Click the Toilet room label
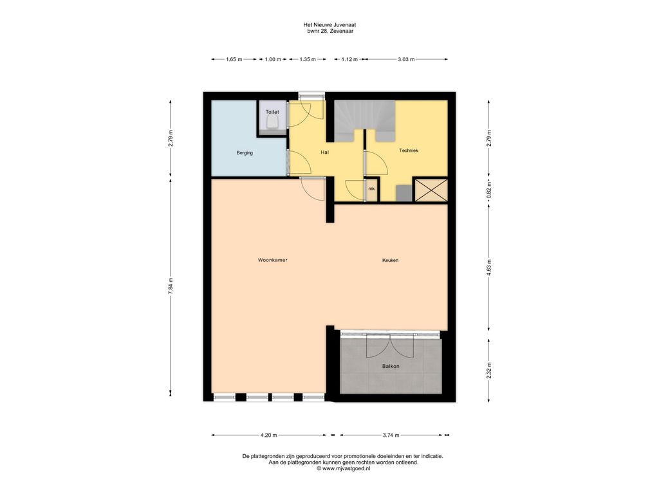click(x=272, y=112)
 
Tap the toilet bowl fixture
click(x=272, y=123)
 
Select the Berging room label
click(x=245, y=153)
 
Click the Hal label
click(x=324, y=152)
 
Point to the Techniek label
click(x=409, y=151)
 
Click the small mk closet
click(x=371, y=189)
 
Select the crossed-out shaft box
click(x=430, y=190)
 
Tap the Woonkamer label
click(x=272, y=260)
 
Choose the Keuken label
click(x=390, y=260)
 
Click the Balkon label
click(x=391, y=366)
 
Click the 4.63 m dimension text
click(x=489, y=267)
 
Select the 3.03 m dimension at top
click(x=406, y=59)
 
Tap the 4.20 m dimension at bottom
click(x=268, y=435)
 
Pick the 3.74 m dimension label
click(x=391, y=435)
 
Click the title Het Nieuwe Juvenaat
click(x=330, y=25)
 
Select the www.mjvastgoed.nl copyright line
click(x=344, y=468)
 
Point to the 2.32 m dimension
click(x=489, y=370)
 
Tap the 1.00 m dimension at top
click(x=273, y=59)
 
